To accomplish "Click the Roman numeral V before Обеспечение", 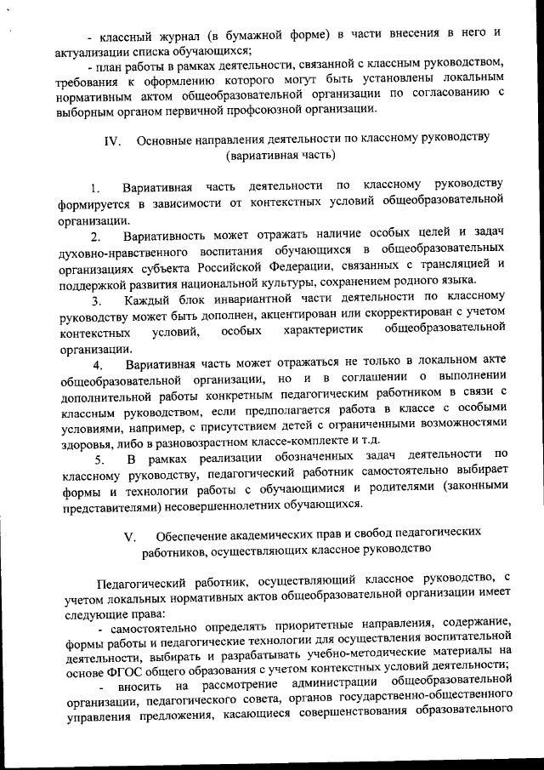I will (129, 537).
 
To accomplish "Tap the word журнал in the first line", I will (175, 33).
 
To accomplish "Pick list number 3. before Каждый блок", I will (97, 299).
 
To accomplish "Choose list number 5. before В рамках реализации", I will (99, 460).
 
